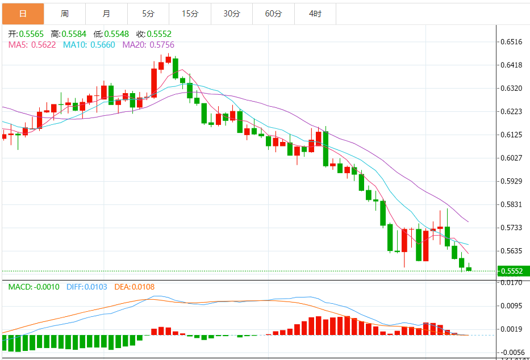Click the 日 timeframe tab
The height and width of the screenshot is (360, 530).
point(23,14)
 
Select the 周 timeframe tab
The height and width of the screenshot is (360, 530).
point(65,14)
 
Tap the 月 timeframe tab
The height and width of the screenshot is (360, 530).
point(107,14)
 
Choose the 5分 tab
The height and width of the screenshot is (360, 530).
point(148,14)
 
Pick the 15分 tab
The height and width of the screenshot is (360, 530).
point(190,14)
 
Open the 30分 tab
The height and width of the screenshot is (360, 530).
point(232,14)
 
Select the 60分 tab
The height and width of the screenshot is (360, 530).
point(273,14)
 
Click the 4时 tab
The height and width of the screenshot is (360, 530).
point(315,14)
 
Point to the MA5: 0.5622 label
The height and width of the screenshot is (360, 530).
point(32,44)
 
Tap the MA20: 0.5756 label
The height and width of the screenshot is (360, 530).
point(148,44)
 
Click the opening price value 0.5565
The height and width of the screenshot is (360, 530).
point(31,34)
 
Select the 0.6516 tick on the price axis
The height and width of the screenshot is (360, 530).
point(511,42)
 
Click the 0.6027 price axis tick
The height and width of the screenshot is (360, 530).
point(511,158)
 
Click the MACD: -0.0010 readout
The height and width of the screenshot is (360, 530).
point(34,287)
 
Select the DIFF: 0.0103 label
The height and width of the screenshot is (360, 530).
point(87,287)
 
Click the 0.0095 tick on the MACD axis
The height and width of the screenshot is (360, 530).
point(511,305)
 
